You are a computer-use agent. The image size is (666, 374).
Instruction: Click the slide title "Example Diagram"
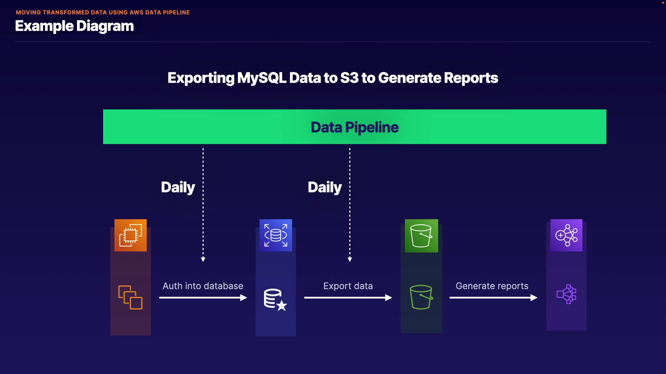coord(74,26)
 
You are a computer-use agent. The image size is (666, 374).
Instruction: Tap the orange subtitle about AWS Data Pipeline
coord(103,12)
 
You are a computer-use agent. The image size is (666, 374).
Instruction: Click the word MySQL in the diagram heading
coord(262,78)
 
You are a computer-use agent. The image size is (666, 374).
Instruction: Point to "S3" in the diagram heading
coord(349,78)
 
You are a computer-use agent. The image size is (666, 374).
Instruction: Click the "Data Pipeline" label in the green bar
coord(355,127)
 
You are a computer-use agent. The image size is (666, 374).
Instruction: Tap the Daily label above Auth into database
coord(178,187)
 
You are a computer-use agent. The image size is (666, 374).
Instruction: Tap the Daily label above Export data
coord(325,187)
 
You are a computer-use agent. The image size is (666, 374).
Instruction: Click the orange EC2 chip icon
coord(130,235)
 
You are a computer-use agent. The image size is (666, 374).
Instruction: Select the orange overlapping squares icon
coord(130,297)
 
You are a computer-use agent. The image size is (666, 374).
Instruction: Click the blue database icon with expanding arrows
coord(276,235)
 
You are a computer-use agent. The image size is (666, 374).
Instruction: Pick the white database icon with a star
coord(275,300)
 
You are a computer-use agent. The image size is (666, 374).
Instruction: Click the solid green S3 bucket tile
coord(421,235)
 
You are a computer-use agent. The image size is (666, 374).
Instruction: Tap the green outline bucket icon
coord(421,297)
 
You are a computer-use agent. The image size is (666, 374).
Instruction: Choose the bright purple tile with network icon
coord(566,235)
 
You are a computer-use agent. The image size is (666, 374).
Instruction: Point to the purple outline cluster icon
coord(566,294)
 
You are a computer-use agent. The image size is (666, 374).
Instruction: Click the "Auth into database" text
coord(203,286)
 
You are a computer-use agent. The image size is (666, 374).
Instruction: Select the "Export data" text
coord(348,286)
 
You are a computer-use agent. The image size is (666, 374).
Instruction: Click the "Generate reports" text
coord(492,286)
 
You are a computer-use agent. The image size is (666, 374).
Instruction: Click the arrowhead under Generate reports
coord(534,297)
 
